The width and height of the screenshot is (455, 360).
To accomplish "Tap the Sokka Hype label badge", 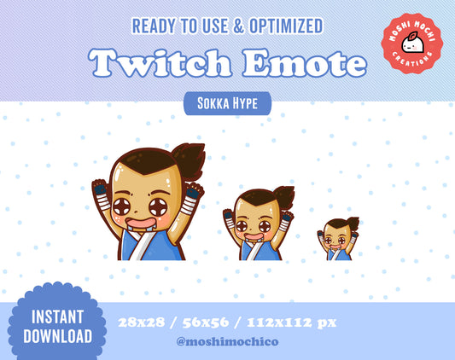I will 228,104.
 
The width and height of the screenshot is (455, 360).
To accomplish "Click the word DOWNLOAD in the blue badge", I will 57,335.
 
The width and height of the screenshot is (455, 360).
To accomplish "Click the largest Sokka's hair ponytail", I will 189,159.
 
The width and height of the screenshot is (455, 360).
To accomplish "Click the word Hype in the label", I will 247,104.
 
